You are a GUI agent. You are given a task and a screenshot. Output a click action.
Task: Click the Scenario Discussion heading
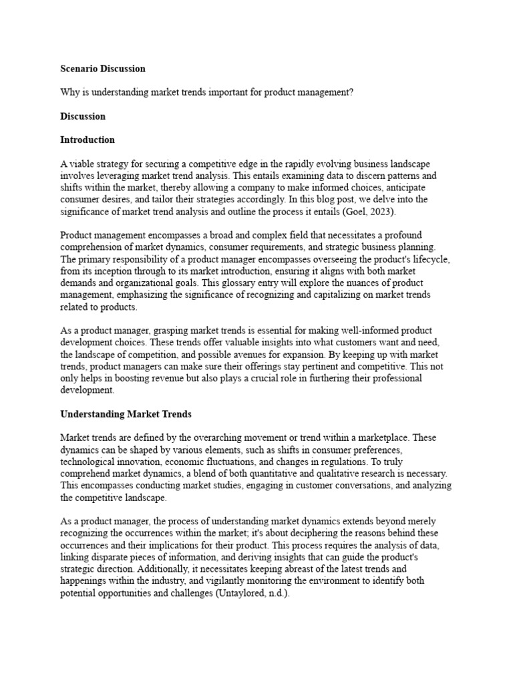tap(102, 68)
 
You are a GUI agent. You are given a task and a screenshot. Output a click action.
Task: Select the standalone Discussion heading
tap(83, 116)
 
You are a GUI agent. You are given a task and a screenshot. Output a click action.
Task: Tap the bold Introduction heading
tap(88, 140)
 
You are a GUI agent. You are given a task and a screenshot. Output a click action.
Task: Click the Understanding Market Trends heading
tap(126, 414)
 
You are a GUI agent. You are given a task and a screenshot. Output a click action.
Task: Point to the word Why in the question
tap(69, 92)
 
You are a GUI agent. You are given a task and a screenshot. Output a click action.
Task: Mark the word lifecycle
tap(430, 259)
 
